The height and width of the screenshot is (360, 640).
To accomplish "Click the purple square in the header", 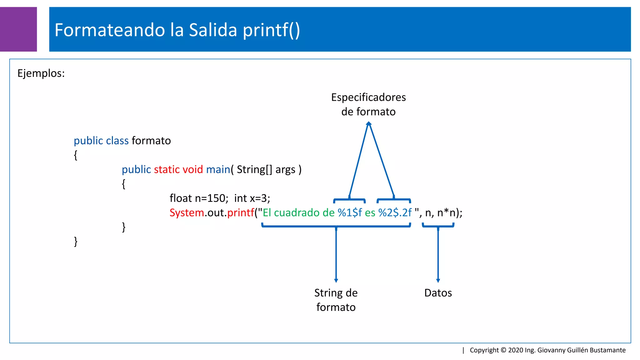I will (18, 29).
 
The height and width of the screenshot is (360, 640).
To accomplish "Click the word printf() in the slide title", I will (271, 30).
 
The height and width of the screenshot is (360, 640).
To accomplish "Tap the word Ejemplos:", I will (41, 73).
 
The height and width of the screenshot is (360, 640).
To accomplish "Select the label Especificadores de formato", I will (368, 104).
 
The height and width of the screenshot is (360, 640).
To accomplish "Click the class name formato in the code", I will (151, 141).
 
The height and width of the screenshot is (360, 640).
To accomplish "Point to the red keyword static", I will (167, 169).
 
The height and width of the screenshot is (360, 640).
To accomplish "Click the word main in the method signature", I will (218, 169).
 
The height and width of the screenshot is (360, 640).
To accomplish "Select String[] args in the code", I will (266, 169).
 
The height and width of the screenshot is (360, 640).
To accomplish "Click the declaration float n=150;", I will (199, 198).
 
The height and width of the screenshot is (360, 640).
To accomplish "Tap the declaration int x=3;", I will (252, 198).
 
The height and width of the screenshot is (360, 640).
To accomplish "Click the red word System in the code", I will (187, 212).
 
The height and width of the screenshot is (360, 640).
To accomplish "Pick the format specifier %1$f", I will (350, 212).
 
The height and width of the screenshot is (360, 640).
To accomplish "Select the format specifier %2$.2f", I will (395, 212).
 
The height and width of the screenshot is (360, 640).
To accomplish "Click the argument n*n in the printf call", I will (446, 212).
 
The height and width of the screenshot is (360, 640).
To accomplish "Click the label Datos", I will (438, 293).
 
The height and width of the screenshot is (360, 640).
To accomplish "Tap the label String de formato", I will (336, 300).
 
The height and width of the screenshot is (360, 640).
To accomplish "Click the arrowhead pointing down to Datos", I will (438, 280).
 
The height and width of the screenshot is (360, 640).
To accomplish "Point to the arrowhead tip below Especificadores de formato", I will (369, 123).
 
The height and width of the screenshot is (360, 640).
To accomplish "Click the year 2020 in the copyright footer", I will (515, 350).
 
